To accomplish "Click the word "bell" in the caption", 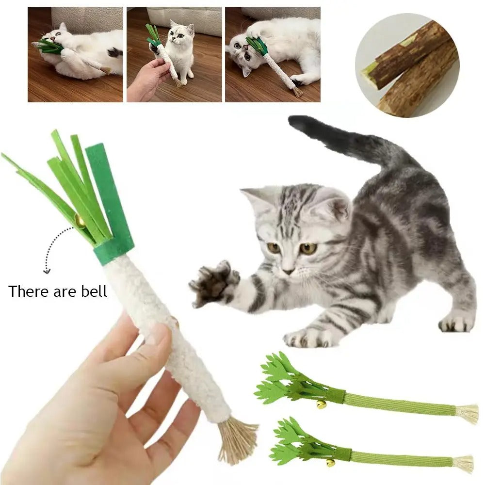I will click(x=94, y=291).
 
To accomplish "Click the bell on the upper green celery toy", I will click(x=321, y=404).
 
